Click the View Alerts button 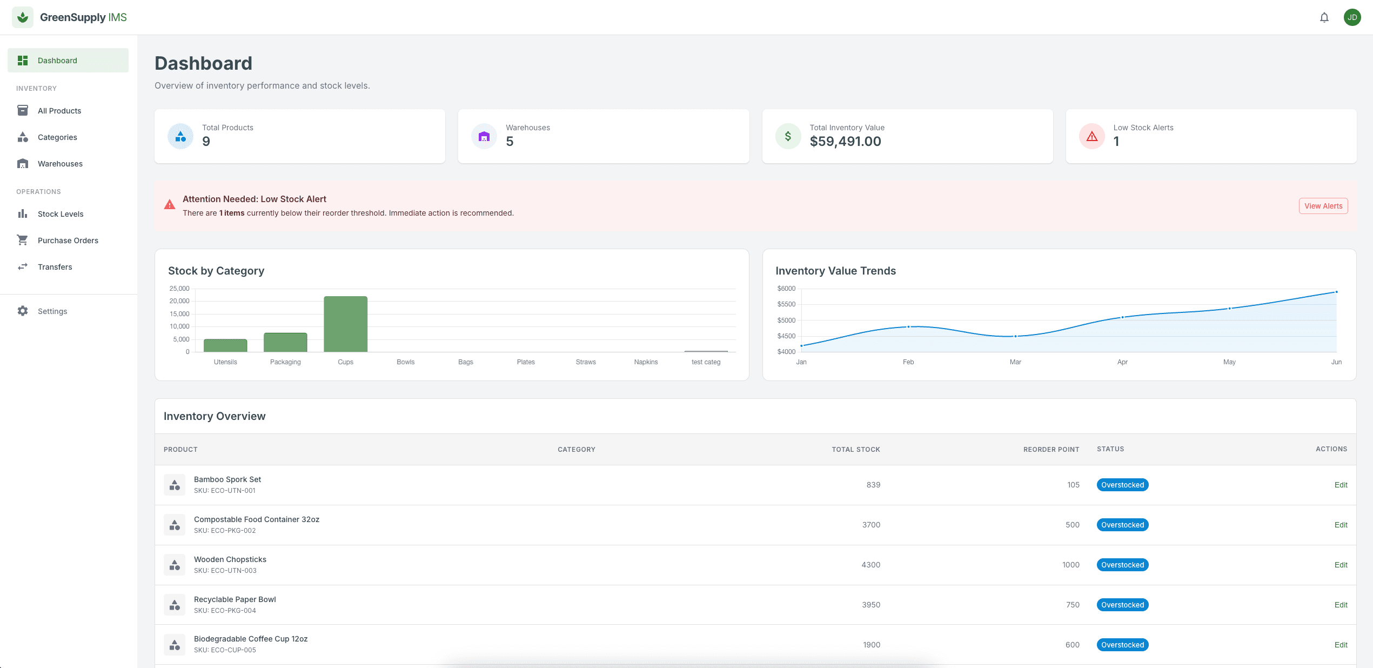[x=1323, y=206]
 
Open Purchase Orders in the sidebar [x=68, y=241]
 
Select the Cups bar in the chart [x=345, y=324]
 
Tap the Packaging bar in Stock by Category [x=285, y=342]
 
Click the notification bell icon [x=1324, y=17]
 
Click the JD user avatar [x=1352, y=17]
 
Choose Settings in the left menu [x=52, y=311]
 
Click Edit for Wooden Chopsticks [x=1341, y=565]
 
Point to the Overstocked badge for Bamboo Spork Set [x=1122, y=485]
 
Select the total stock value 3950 [x=871, y=605]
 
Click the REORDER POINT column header [x=1051, y=449]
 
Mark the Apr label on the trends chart [x=1122, y=362]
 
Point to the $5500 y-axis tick [x=786, y=304]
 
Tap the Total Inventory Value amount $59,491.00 [x=845, y=142]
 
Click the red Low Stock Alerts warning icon [x=1091, y=136]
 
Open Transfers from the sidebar [x=55, y=267]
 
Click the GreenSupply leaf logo [x=23, y=17]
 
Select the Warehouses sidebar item [x=60, y=164]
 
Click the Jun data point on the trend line [x=1336, y=292]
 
